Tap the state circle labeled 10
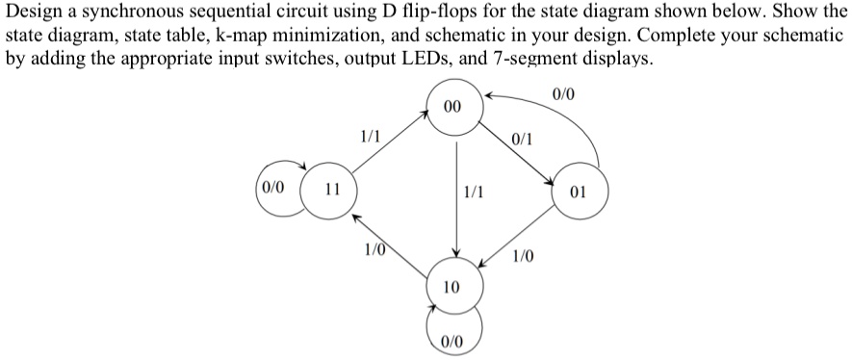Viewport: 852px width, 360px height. click(451, 286)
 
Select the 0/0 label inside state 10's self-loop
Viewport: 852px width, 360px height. click(451, 341)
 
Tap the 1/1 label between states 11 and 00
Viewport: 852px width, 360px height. click(368, 136)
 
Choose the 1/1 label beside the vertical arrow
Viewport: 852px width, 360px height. click(474, 193)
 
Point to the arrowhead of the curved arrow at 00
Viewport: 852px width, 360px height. click(488, 97)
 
